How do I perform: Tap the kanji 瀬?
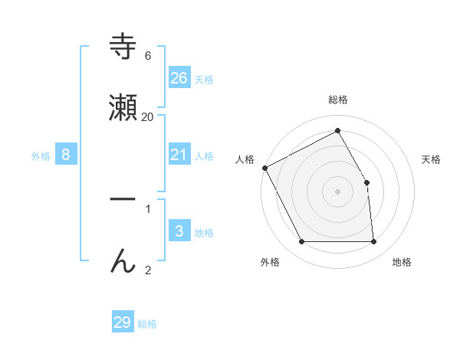123,108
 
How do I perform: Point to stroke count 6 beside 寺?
148,56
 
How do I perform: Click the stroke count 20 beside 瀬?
148,116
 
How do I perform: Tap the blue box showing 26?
179,78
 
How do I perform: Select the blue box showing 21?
179,155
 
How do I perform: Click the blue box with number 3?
179,231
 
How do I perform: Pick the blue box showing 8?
66,155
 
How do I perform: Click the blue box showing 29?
122,322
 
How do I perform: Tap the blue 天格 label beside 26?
204,80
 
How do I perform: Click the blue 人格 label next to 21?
204,156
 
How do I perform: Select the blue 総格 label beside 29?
147,324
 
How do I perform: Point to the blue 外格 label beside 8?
41,156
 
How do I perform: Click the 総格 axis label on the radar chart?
338,100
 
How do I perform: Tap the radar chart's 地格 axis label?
402,263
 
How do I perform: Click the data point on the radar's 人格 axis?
264,168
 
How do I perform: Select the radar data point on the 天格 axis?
367,182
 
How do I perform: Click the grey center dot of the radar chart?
338,191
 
